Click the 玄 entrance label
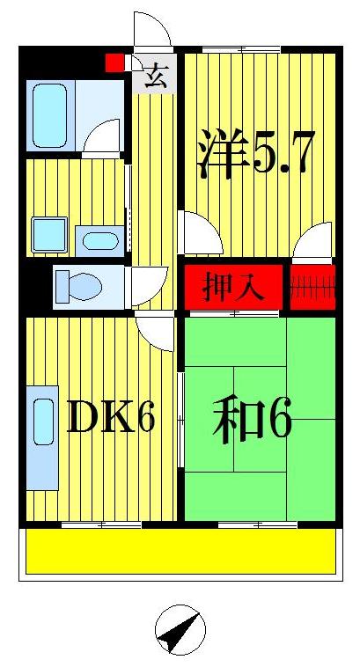(156, 77)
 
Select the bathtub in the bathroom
(50, 114)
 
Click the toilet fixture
(77, 285)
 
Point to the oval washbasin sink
(99, 240)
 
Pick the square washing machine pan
(48, 235)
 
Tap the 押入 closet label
(234, 288)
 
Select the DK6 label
(111, 419)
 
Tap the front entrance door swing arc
(151, 32)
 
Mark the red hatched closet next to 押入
(313, 288)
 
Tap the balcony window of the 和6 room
(244, 524)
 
